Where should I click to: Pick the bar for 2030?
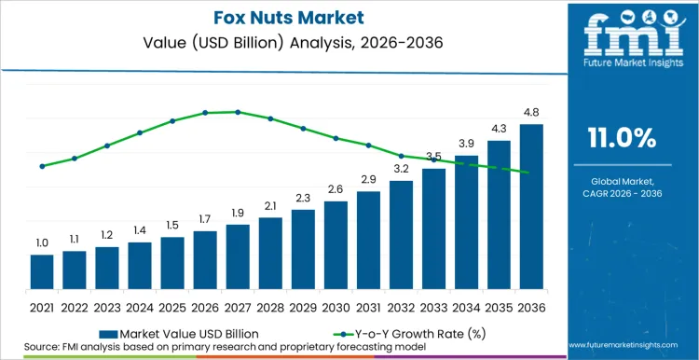[336, 244]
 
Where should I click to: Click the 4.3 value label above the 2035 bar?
[499, 129]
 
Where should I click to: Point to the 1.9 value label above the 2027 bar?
[238, 213]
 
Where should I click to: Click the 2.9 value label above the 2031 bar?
[368, 179]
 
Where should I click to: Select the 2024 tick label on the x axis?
[140, 306]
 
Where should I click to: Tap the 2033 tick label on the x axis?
[433, 306]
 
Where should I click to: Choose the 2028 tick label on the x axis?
[270, 306]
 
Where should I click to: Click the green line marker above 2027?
[238, 112]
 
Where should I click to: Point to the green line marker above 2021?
[42, 166]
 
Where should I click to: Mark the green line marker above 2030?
[336, 138]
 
